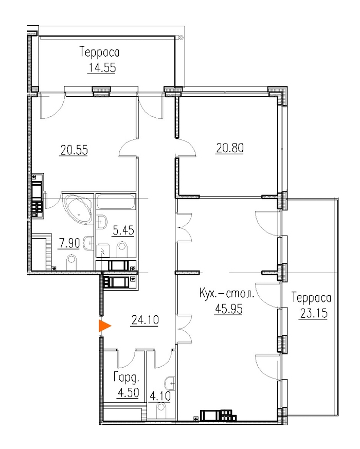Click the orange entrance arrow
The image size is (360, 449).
pyautogui.click(x=104, y=326)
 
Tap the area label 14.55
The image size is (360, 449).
pyautogui.click(x=102, y=68)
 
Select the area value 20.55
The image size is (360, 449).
pyautogui.click(x=74, y=150)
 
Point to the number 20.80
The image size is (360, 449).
pyautogui.click(x=230, y=148)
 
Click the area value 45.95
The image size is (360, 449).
pyautogui.click(x=228, y=309)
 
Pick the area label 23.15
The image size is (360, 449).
pyautogui.click(x=314, y=313)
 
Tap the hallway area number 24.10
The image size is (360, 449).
pyautogui.click(x=145, y=319)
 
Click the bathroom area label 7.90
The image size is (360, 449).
pyautogui.click(x=69, y=243)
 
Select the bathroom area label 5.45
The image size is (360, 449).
pyautogui.click(x=123, y=230)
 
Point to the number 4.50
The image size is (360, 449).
pyautogui.click(x=128, y=392)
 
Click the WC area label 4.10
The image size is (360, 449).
pyautogui.click(x=160, y=397)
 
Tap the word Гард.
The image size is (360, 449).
pyautogui.click(x=127, y=378)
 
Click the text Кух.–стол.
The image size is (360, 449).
pyautogui.click(x=226, y=294)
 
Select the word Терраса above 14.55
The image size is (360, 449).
pyautogui.click(x=100, y=52)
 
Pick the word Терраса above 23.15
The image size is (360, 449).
pyautogui.click(x=311, y=298)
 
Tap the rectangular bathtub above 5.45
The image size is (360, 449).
pyautogui.click(x=116, y=202)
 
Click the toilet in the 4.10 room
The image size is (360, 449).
pyautogui.click(x=162, y=411)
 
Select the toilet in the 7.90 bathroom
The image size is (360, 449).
pyautogui.click(x=72, y=262)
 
